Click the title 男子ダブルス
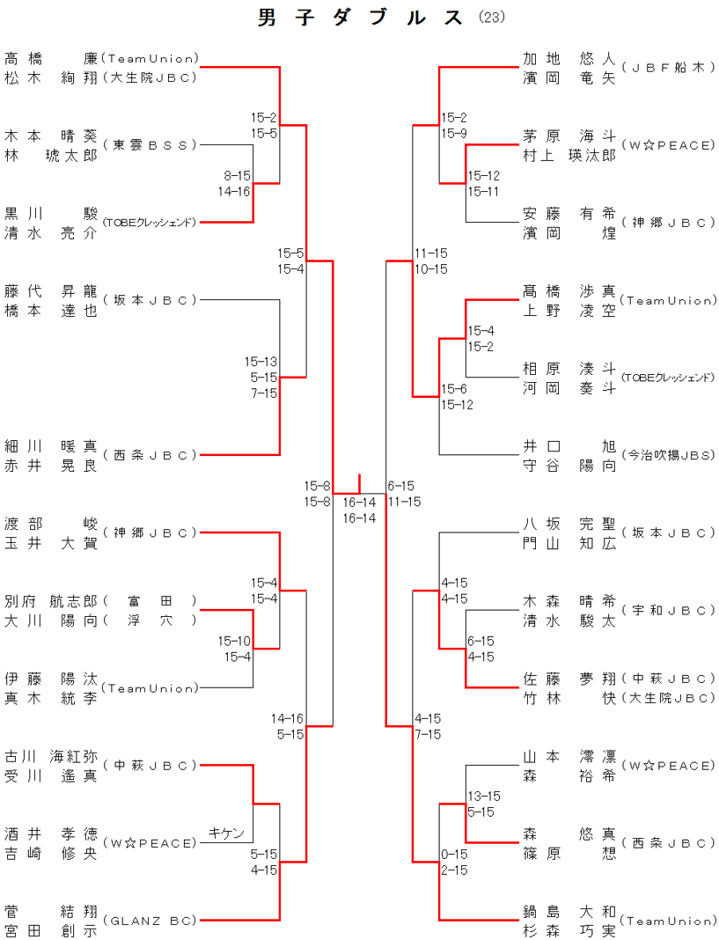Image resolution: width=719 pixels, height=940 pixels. (x=361, y=18)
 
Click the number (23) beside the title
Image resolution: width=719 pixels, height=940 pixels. (x=493, y=18)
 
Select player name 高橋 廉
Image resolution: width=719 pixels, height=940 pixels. (x=51, y=58)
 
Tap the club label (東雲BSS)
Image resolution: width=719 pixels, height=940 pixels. (x=150, y=144)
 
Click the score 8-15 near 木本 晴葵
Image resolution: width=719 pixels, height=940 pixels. (x=237, y=176)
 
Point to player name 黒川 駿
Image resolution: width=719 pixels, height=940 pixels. (x=51, y=214)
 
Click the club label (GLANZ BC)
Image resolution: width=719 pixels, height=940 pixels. (x=150, y=921)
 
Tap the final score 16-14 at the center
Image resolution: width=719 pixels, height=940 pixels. (x=359, y=503)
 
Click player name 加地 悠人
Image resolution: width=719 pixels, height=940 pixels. (x=569, y=59)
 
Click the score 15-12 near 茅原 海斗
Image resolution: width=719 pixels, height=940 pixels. (x=483, y=176)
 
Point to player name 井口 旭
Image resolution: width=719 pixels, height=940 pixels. (x=569, y=446)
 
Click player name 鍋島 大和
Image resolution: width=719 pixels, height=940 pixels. (x=569, y=912)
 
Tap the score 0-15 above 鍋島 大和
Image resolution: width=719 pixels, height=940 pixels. (x=454, y=855)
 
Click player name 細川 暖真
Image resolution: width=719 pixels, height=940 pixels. (x=51, y=446)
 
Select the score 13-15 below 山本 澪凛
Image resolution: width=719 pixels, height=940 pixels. (x=484, y=797)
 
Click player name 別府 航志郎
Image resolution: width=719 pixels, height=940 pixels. (x=51, y=601)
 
